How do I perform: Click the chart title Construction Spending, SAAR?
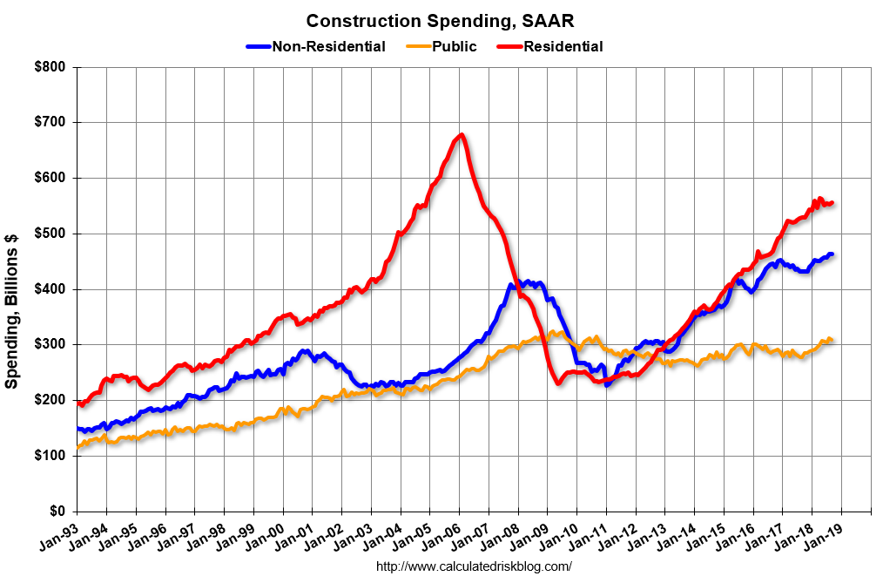(x=440, y=20)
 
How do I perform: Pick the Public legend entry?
(x=455, y=46)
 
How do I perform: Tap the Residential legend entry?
(x=563, y=46)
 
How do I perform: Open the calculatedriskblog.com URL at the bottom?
(x=474, y=566)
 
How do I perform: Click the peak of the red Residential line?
(x=461, y=134)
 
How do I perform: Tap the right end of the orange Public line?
(x=832, y=339)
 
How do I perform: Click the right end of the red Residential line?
(x=832, y=203)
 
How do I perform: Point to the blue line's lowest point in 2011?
(x=607, y=384)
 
